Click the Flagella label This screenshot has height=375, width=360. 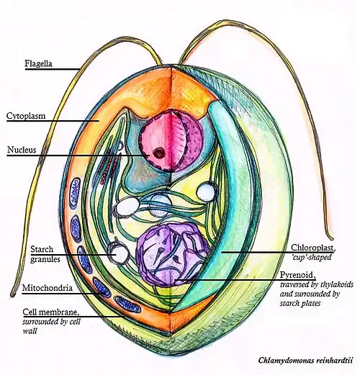pos(38,64)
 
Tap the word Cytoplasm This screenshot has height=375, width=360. pos(26,116)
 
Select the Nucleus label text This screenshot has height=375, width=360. pos(22,150)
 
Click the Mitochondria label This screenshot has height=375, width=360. pos(48,287)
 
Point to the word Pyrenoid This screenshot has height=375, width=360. pos(297,275)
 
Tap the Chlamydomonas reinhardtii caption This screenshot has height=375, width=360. pos(305,360)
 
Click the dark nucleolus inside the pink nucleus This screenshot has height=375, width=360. pos(158,153)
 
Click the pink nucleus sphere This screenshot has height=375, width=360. pos(171,140)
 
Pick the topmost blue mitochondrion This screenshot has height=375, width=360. pos(75,192)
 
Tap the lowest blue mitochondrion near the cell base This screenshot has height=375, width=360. pos(127,304)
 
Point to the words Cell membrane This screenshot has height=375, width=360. pos(50,312)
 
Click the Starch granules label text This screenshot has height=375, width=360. pos(45,254)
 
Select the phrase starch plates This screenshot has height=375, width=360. pos(300,303)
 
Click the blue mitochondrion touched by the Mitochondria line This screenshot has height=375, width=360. pos(102,286)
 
